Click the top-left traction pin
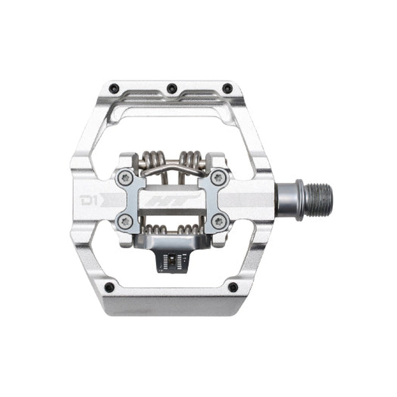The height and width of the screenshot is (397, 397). (x=114, y=88)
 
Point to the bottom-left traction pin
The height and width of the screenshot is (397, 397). (x=110, y=287)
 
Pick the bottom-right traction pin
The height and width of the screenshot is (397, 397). (x=233, y=287)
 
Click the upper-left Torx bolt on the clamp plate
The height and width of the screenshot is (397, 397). (x=125, y=178)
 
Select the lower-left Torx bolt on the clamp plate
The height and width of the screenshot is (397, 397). (x=125, y=221)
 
